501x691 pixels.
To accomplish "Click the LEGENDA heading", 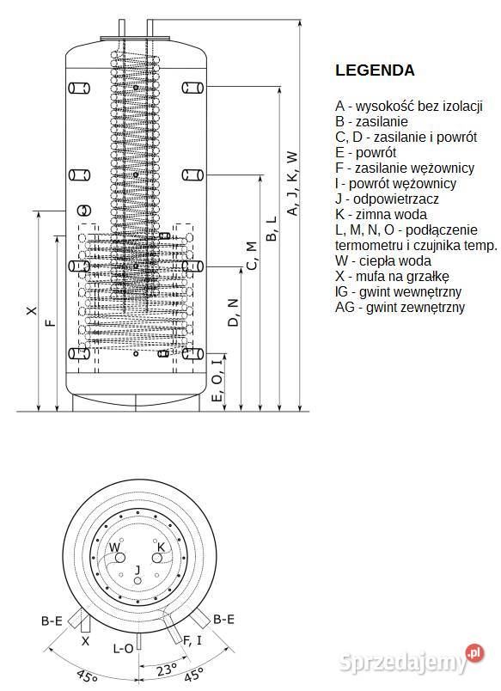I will (375, 70).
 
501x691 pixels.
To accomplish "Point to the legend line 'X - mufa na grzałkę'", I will (393, 276).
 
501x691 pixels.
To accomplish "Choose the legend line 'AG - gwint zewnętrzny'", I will (400, 307).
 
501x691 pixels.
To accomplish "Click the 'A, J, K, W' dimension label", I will (292, 183).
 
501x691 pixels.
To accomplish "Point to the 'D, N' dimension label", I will (232, 312).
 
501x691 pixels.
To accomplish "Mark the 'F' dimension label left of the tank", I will (51, 322).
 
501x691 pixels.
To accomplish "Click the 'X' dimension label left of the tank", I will (32, 310).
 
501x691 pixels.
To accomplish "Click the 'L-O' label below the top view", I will (124, 649).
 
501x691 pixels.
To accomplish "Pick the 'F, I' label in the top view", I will (192, 639).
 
